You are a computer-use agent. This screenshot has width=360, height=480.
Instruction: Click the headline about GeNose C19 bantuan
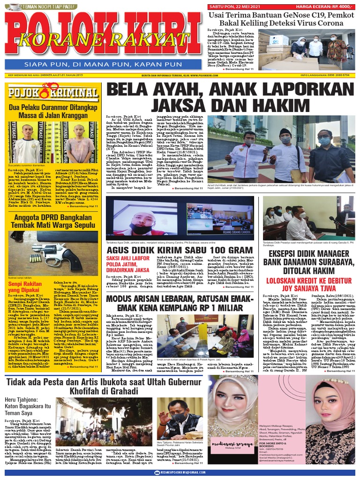click(282, 19)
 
